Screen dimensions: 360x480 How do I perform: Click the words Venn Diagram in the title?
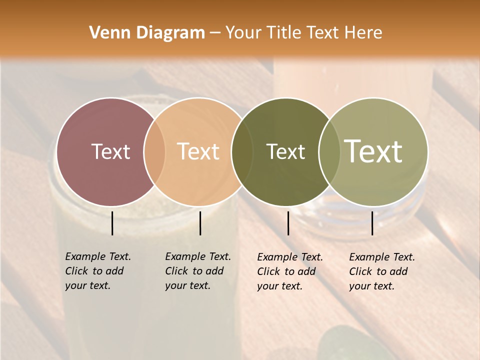[x=147, y=33]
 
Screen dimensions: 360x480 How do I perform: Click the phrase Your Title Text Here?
[x=303, y=33]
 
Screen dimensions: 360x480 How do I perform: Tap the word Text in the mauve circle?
[x=110, y=151]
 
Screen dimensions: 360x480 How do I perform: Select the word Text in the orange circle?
[x=198, y=151]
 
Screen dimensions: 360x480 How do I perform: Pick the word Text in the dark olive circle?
[x=285, y=151]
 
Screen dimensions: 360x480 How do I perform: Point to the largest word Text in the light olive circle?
[x=373, y=151]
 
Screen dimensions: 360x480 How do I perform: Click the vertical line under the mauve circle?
[x=112, y=223]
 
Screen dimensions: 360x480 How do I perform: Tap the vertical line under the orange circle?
[x=200, y=223]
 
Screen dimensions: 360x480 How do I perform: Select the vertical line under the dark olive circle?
[x=288, y=223]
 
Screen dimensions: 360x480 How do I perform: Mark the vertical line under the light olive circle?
[x=372, y=223]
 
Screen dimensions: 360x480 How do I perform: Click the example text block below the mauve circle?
[x=98, y=271]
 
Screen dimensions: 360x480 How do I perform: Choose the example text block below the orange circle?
[x=198, y=271]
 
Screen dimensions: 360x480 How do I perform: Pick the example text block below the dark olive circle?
[x=290, y=271]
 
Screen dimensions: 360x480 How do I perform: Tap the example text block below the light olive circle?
[x=382, y=271]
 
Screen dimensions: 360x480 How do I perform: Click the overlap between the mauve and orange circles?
[x=154, y=151]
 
